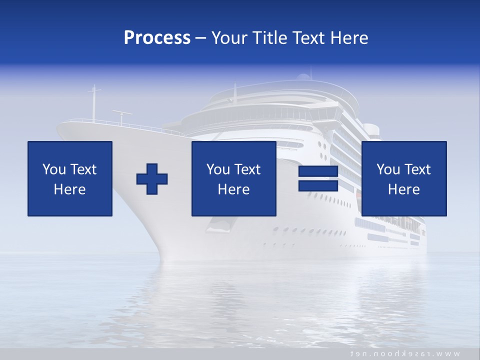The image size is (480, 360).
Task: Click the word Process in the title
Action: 157,38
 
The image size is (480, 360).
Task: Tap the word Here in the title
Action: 349,38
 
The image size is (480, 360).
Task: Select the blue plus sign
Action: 152,178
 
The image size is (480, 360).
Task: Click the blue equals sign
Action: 318,178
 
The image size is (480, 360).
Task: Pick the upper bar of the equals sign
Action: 318,171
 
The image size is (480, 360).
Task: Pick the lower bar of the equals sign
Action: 318,185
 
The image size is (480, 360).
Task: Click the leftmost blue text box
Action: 70,178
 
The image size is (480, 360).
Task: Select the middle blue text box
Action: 234,178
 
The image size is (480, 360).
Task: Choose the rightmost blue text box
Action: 404,178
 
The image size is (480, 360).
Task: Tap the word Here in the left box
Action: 70,189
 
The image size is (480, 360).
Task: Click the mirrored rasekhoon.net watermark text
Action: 405,353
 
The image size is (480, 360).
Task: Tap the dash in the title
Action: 201,38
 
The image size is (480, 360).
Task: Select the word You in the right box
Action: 388,169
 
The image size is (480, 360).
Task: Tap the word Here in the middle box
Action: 234,189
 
